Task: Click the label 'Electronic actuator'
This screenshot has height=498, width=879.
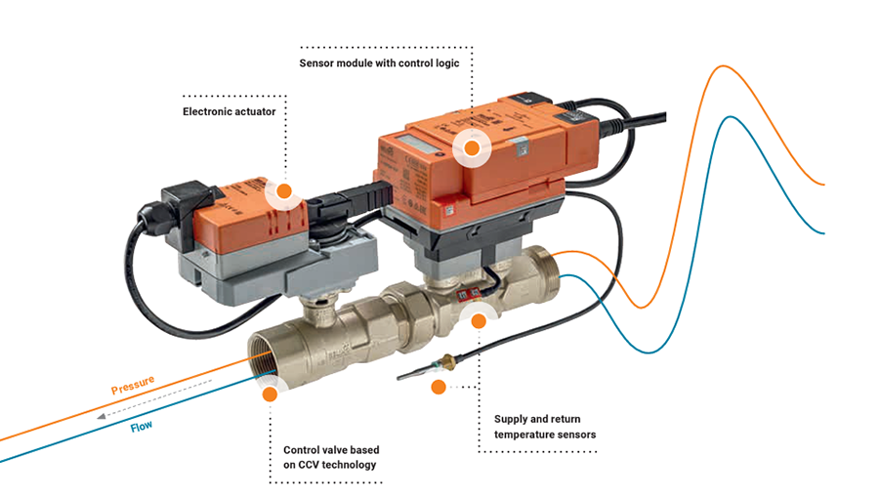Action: pyautogui.click(x=230, y=112)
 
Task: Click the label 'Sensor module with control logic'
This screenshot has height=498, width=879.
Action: pyautogui.click(x=385, y=62)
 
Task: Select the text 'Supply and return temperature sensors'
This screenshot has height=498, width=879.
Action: pyautogui.click(x=545, y=427)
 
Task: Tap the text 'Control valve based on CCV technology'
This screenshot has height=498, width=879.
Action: pyautogui.click(x=331, y=457)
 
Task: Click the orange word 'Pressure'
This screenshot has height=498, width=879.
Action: pyautogui.click(x=133, y=387)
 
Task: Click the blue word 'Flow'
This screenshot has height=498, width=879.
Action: pyautogui.click(x=143, y=426)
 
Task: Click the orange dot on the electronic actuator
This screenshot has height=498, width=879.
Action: pyautogui.click(x=285, y=191)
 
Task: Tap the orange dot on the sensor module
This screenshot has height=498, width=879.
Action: pyautogui.click(x=472, y=148)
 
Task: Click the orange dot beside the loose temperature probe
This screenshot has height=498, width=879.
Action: pyautogui.click(x=439, y=388)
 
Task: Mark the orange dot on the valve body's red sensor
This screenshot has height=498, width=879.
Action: pyautogui.click(x=479, y=319)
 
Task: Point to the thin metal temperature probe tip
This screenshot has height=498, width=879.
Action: pyautogui.click(x=410, y=375)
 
